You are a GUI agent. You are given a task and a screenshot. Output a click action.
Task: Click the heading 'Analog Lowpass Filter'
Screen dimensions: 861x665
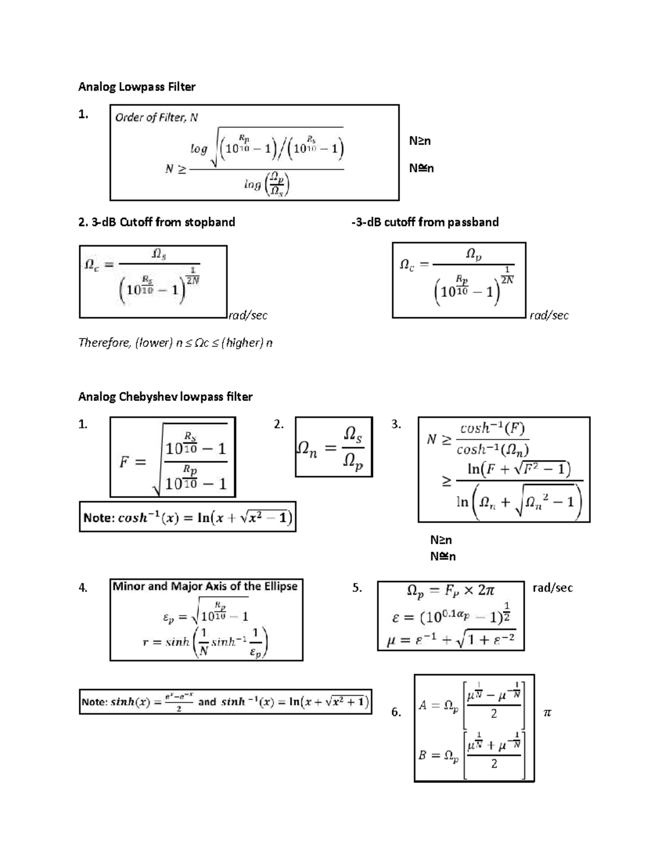tap(137, 86)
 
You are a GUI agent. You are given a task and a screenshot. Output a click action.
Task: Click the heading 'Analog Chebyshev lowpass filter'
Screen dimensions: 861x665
tap(165, 396)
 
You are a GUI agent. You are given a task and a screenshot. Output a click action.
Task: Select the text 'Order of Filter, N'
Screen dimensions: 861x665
tap(156, 118)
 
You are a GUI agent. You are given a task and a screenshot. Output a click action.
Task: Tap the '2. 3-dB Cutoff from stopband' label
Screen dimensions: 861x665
tap(157, 222)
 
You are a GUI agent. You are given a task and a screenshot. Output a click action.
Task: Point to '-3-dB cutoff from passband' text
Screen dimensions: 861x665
tap(425, 222)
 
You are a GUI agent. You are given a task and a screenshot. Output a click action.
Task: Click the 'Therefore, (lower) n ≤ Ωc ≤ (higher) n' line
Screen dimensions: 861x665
tap(176, 343)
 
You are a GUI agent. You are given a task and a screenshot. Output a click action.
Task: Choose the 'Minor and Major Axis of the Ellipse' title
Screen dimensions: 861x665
tap(205, 587)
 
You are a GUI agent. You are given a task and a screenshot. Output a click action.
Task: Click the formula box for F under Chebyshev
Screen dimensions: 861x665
tap(173, 457)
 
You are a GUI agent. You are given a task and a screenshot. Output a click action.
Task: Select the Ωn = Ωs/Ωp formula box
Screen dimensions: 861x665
tap(334, 447)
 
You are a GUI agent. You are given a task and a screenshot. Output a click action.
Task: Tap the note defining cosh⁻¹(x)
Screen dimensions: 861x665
tap(187, 517)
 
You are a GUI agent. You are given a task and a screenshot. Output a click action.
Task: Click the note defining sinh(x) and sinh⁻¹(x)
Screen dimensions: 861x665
tap(225, 702)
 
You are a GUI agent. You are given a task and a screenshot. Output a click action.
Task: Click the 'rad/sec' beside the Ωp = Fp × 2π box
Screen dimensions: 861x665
tap(553, 588)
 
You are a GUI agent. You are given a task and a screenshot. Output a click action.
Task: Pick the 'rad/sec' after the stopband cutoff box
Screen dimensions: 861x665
tap(248, 315)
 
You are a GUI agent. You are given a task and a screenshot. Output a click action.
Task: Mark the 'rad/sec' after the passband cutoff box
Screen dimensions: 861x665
tap(549, 315)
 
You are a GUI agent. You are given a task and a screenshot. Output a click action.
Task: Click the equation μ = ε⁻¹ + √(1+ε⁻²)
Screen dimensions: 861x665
tap(451, 640)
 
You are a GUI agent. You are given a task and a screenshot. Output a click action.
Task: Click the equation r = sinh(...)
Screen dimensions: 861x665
tap(205, 642)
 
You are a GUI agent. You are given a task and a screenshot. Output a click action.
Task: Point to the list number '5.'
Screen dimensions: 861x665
tap(357, 588)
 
